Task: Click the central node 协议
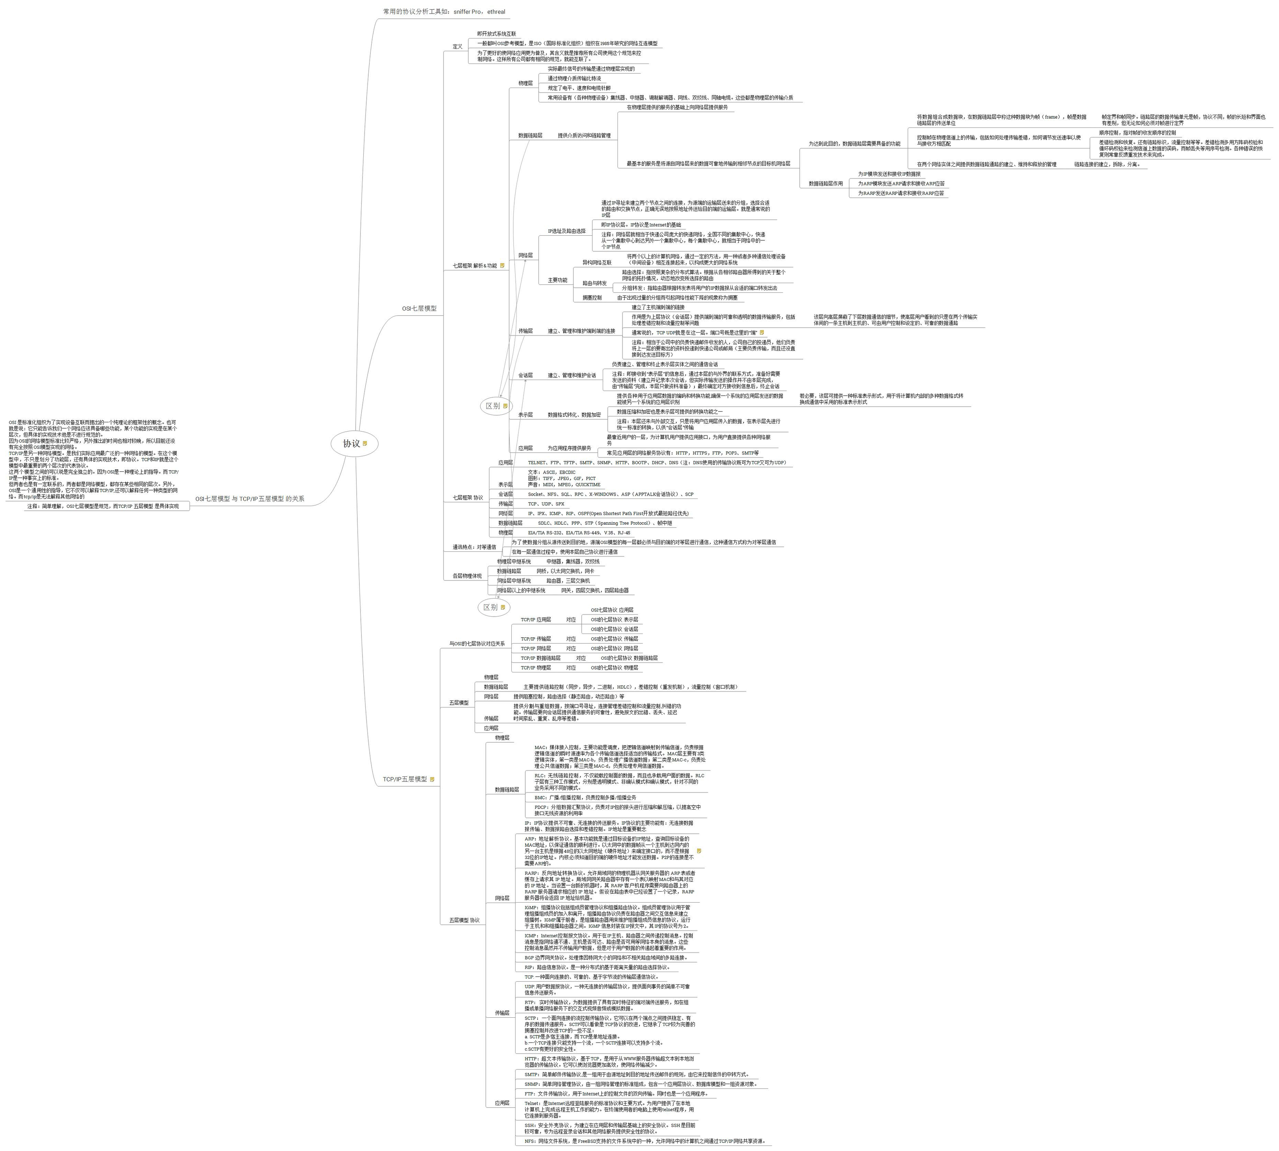click(x=351, y=443)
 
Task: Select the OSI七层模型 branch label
click(x=419, y=308)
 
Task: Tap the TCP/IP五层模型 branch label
click(x=405, y=779)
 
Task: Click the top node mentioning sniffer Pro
click(x=444, y=11)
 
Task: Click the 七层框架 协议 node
click(x=467, y=498)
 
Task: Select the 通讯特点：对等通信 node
click(x=474, y=547)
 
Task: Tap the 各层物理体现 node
click(x=467, y=576)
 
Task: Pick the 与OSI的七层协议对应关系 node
click(x=477, y=644)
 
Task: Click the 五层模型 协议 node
click(x=464, y=920)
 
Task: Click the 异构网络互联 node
click(x=597, y=262)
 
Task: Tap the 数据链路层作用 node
click(x=826, y=183)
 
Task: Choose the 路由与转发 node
click(x=594, y=284)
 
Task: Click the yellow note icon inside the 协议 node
click(x=365, y=443)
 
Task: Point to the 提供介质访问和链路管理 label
click(x=584, y=135)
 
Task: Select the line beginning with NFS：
click(x=645, y=1142)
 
